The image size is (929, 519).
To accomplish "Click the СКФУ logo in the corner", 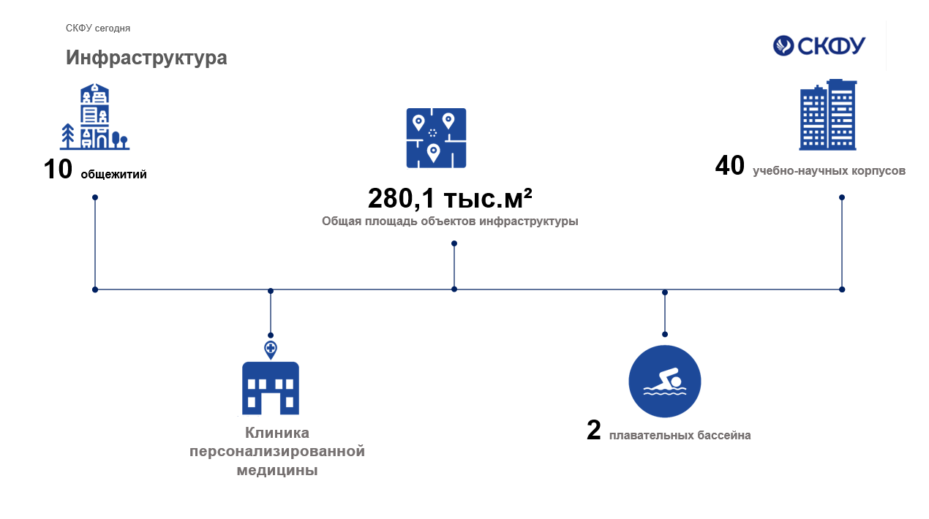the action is pyautogui.click(x=819, y=45).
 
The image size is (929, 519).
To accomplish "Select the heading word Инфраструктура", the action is pyautogui.click(x=146, y=58).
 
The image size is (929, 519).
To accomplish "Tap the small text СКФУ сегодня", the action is pyautogui.click(x=98, y=29).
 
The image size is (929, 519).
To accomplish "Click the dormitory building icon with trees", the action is pyautogui.click(x=94, y=116).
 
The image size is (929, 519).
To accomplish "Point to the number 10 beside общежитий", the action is pyautogui.click(x=58, y=169).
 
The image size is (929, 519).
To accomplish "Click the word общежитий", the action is pyautogui.click(x=113, y=174).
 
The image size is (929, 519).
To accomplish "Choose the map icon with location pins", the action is pyautogui.click(x=436, y=138).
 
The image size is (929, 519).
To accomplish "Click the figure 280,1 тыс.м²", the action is pyautogui.click(x=450, y=198).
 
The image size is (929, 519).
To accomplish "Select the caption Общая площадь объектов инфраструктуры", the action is pyautogui.click(x=450, y=221).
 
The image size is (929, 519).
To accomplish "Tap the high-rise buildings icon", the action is pyautogui.click(x=828, y=115).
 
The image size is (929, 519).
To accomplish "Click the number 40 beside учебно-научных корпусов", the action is pyautogui.click(x=729, y=165).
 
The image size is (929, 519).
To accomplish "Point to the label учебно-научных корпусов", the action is pyautogui.click(x=829, y=171).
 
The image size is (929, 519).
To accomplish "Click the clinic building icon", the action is pyautogui.click(x=271, y=388).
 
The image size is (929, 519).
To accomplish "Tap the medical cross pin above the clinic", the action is pyautogui.click(x=271, y=349).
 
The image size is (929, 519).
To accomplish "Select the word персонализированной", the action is pyautogui.click(x=277, y=451).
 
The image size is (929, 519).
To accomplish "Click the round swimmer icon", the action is pyautogui.click(x=665, y=382).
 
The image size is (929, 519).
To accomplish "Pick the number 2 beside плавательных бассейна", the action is pyautogui.click(x=594, y=431).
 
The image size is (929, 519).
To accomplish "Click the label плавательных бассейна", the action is pyautogui.click(x=680, y=435).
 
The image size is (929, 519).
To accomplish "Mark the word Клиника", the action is pyautogui.click(x=277, y=433).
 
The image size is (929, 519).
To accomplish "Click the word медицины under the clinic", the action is pyautogui.click(x=277, y=471).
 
